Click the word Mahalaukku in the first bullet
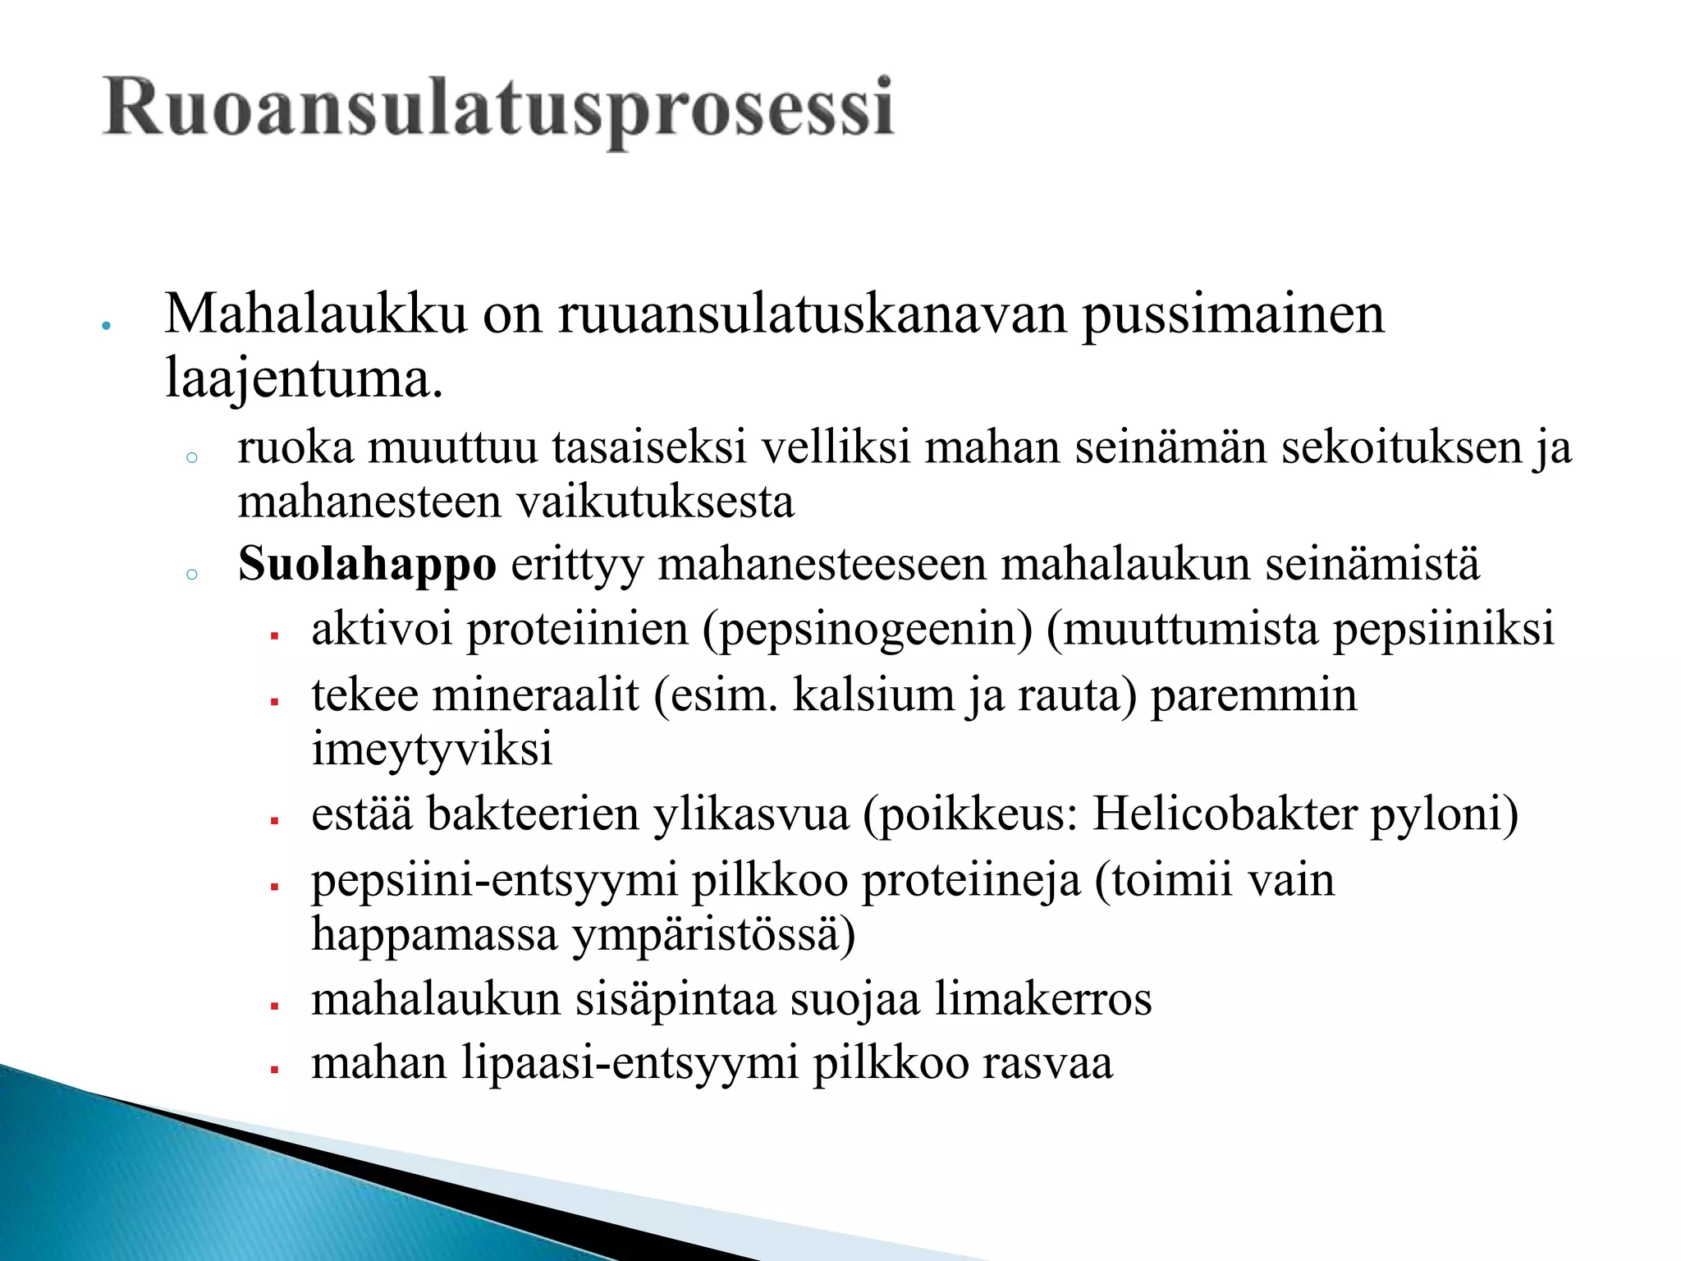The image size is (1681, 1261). pos(315,315)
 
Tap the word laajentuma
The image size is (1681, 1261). pos(304,380)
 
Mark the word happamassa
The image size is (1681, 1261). pos(434,935)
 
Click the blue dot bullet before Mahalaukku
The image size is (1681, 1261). pos(105,326)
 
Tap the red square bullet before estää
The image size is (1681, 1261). pos(276,820)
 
